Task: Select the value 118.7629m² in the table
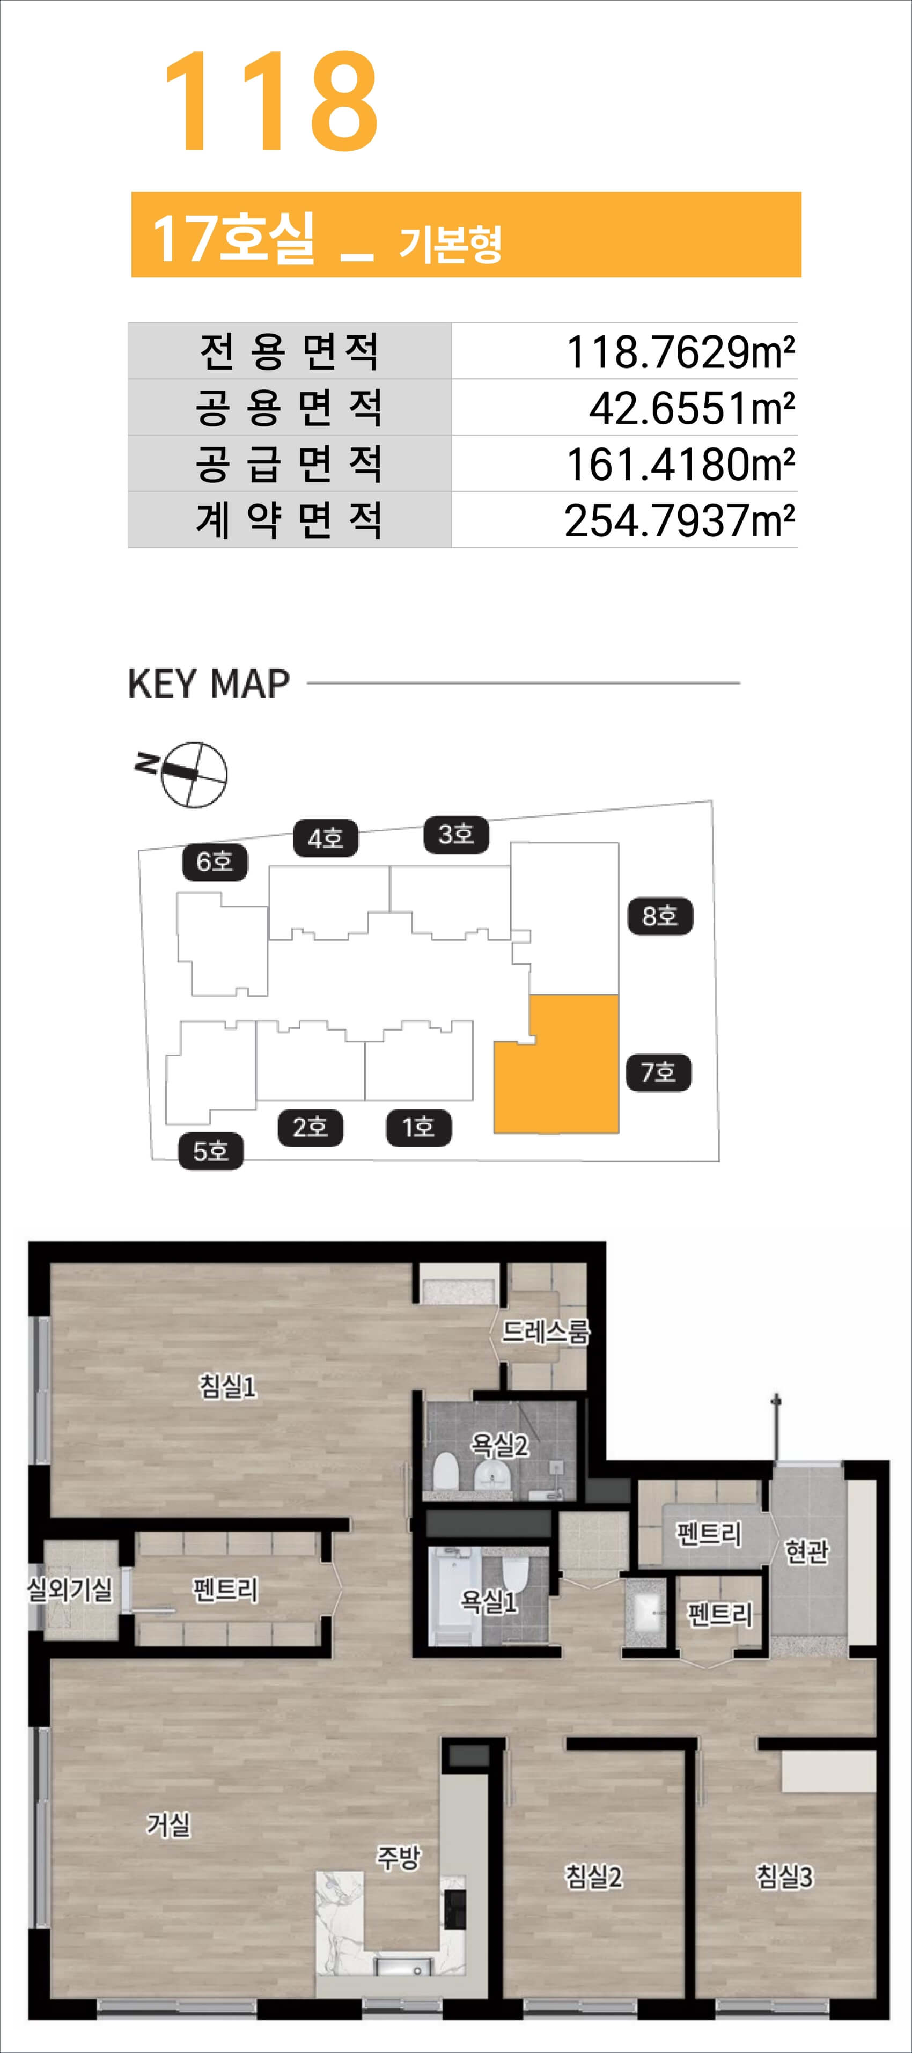click(x=680, y=351)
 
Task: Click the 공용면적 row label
click(x=289, y=407)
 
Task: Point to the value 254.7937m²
click(x=680, y=520)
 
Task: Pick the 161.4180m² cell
click(x=680, y=465)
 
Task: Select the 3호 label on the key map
click(x=456, y=834)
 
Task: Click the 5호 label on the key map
click(x=210, y=1151)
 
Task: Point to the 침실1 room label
click(x=228, y=1386)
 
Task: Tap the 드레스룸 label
click(x=545, y=1330)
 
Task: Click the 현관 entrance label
click(x=807, y=1551)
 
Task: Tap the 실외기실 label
click(x=70, y=1589)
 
